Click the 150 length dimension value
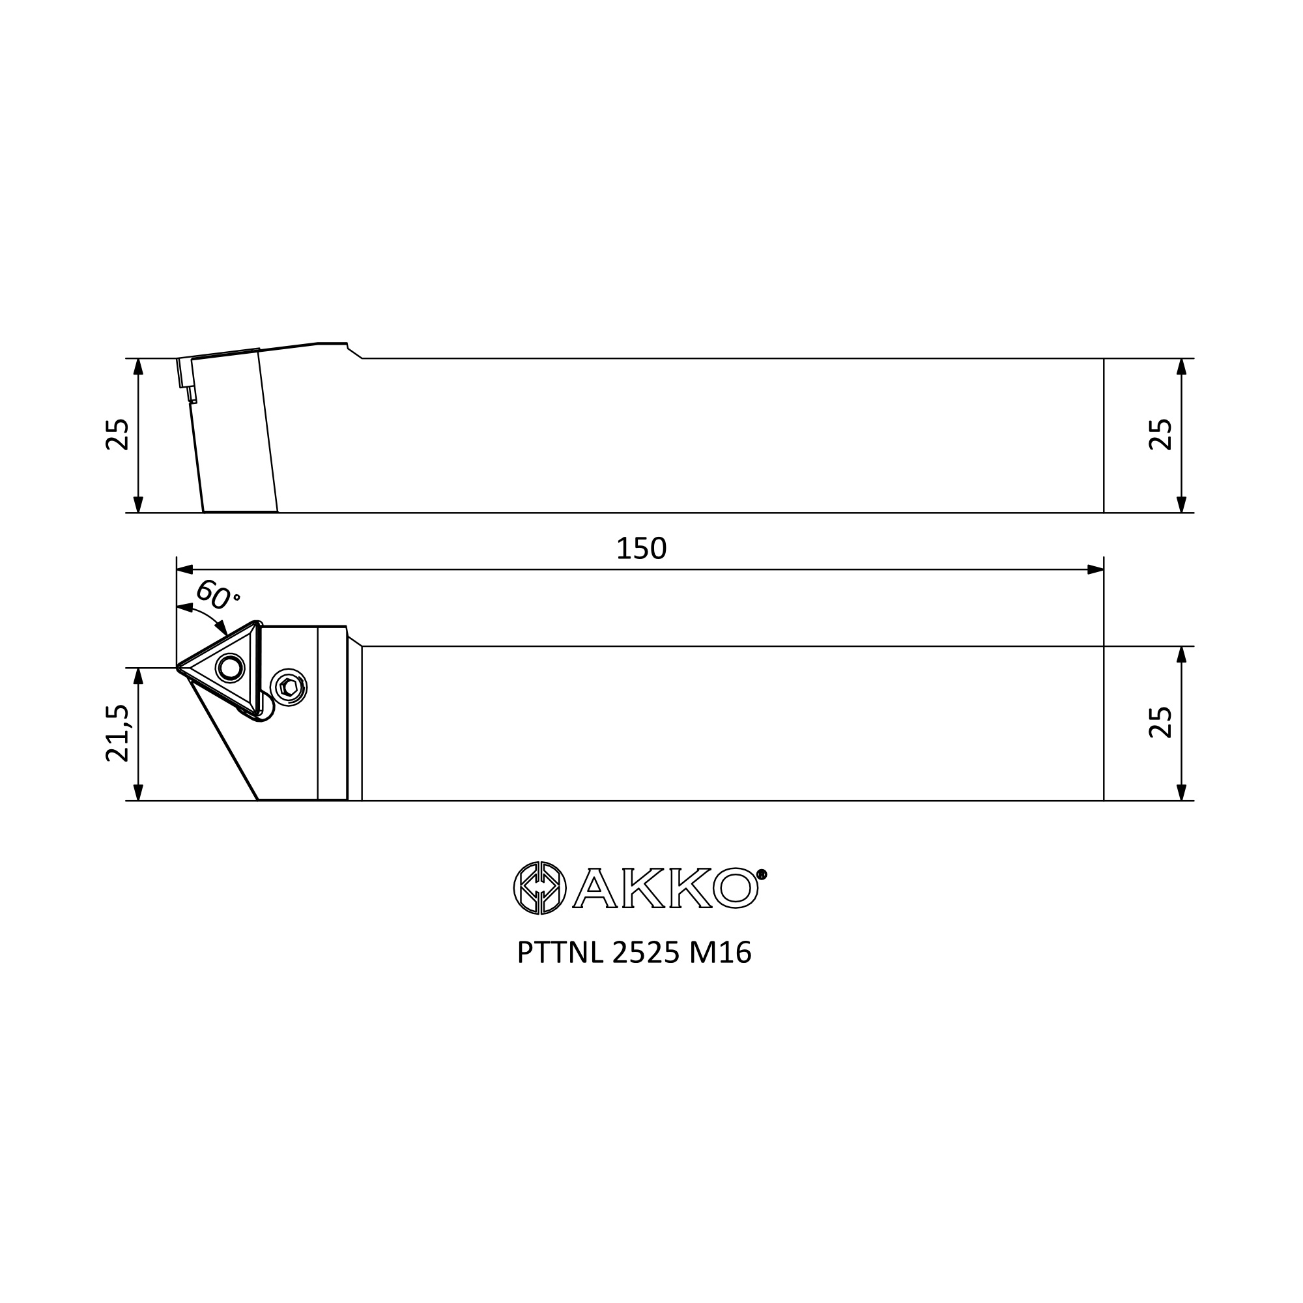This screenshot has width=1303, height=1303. (x=641, y=549)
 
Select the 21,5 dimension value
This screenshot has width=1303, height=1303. (x=117, y=733)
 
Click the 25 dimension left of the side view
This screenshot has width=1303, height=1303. (x=117, y=435)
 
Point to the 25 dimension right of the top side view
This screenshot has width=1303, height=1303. (x=1161, y=435)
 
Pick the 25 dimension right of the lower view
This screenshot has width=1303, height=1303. (x=1161, y=723)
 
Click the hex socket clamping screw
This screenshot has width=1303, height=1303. (x=289, y=688)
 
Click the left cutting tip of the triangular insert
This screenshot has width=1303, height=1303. (x=178, y=668)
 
